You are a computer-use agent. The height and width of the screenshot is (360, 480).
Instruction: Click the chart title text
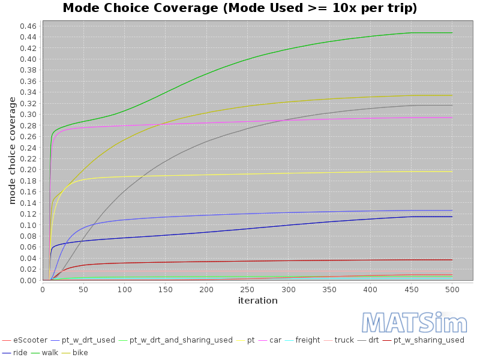(240, 8)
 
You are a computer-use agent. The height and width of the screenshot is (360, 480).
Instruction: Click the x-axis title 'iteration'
(257, 301)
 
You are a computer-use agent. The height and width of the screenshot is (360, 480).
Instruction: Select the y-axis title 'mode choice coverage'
(12, 150)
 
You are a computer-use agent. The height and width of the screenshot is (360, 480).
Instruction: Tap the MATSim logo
(414, 323)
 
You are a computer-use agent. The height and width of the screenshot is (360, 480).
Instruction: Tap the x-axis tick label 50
(83, 289)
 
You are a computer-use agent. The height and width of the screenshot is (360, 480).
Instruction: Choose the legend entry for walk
(50, 352)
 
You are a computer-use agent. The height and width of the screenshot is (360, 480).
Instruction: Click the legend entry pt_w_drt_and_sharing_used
(181, 340)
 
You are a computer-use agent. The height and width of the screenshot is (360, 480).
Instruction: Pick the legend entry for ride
(20, 352)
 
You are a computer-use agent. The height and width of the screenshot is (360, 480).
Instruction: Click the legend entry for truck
(344, 340)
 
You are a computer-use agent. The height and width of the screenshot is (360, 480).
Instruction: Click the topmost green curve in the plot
(240, 59)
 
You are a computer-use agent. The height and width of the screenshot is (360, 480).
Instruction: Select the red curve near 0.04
(240, 260)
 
